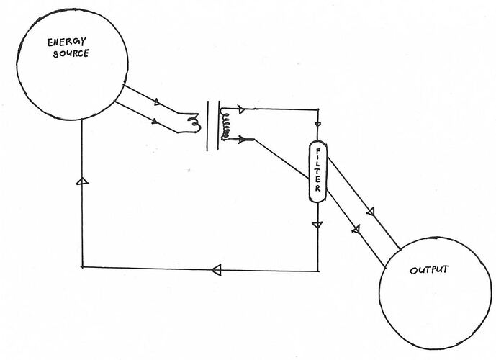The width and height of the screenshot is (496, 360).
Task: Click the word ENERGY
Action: coord(67,42)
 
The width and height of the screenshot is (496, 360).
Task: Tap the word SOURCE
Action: coord(71,53)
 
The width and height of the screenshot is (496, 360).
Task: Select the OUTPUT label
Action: coord(429,270)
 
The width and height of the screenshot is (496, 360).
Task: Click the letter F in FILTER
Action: coord(317,152)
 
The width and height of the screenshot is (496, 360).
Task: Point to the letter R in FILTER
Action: coord(317,189)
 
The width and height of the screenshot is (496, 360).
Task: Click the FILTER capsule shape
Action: coord(317,171)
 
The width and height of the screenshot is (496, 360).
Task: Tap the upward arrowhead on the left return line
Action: coord(82,181)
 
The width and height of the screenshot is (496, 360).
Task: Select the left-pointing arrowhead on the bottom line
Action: coord(217,270)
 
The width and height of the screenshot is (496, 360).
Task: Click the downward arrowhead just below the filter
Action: coord(317,225)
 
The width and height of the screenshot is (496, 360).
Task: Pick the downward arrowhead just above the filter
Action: coord(318,124)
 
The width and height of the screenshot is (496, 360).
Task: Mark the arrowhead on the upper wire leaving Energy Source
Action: coord(157,102)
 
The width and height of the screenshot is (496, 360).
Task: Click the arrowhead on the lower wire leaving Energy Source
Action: coord(155,121)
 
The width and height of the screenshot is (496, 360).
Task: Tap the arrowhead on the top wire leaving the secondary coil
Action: coord(241,109)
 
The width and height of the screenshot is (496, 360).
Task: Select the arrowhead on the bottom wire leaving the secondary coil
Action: coord(242,139)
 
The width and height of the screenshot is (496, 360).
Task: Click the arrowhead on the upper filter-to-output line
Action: coord(371,211)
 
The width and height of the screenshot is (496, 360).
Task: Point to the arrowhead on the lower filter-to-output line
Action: coord(356,229)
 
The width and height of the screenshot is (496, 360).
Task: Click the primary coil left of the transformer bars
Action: coord(194,123)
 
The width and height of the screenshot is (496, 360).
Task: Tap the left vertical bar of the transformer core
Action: coord(208,126)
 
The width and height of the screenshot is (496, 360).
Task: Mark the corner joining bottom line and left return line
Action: coord(82,267)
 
